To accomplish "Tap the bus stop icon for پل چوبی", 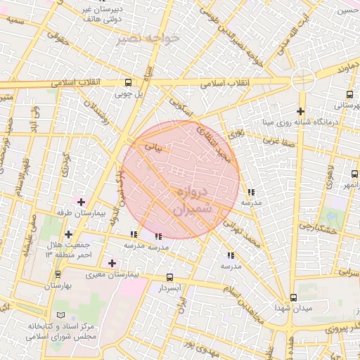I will tap(127, 82).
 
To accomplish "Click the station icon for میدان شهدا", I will tap(293, 297).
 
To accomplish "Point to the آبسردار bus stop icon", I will tap(169, 278).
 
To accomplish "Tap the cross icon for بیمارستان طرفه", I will tap(82, 202).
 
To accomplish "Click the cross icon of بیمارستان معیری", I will tap(112, 262).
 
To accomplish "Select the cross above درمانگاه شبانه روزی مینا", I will tap(300, 111).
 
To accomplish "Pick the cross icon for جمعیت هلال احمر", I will tap(68, 234).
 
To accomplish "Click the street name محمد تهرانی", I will tap(243, 233).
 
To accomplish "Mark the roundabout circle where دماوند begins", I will tap(299, 82).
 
